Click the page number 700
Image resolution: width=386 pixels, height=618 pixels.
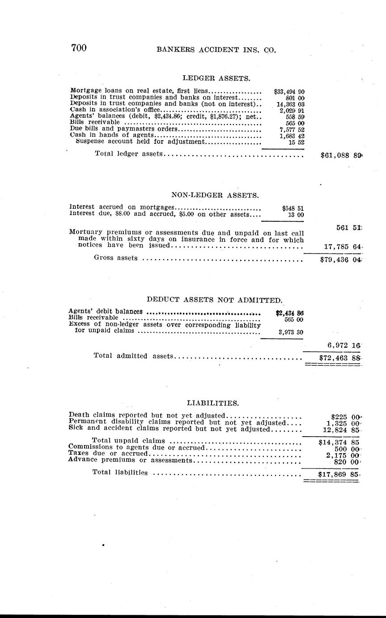pos(78,48)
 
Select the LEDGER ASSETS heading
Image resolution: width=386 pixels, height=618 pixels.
pos(216,78)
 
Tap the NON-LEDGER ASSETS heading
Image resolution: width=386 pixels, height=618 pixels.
pos(215,195)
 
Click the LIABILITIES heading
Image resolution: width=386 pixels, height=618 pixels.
pos(212,403)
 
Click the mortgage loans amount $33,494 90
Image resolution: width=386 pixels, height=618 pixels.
pos(289,91)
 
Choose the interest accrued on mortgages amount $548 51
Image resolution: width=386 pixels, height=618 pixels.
pos(293,208)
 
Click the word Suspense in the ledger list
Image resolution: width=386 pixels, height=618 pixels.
pos(89,142)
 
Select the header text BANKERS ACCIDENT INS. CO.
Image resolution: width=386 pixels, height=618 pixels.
pos(216,50)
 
